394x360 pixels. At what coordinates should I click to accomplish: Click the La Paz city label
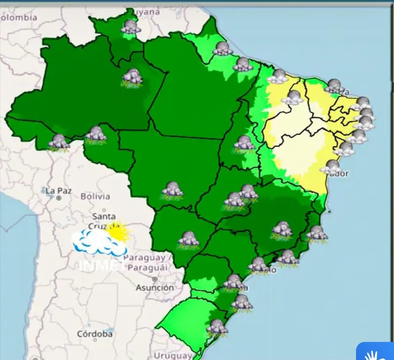coord(58,191)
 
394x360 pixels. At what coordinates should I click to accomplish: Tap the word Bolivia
coord(95,197)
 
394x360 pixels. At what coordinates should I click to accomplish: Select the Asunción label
coord(155,287)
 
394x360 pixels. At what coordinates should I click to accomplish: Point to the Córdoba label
coord(95,334)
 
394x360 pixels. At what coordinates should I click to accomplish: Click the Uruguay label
coord(173,355)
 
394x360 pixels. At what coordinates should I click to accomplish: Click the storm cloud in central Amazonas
coord(132,77)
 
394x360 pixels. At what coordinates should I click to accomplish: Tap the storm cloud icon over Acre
coord(59,142)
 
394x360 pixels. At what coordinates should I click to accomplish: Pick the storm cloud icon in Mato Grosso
coord(172,190)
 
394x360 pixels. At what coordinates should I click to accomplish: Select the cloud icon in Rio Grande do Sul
coord(217,327)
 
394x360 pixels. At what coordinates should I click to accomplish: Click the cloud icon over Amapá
coord(222,49)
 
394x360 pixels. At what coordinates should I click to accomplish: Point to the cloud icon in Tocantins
coord(244,143)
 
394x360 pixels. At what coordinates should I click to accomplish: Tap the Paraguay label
coord(144,258)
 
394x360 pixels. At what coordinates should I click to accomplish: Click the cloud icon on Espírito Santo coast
coord(317,233)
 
